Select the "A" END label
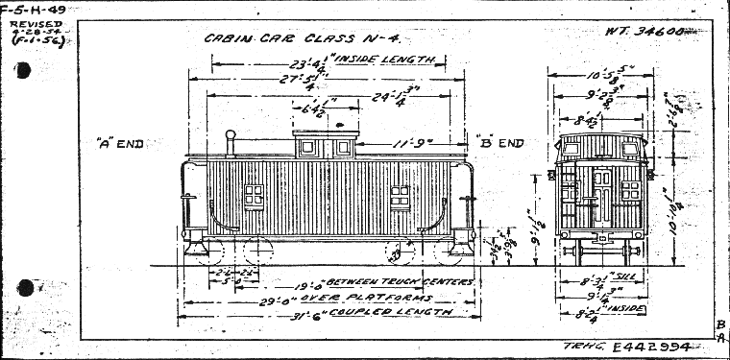(x=120, y=144)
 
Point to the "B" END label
(x=500, y=143)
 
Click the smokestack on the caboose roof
(x=230, y=142)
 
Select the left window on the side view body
(x=254, y=196)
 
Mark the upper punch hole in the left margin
(x=23, y=69)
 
